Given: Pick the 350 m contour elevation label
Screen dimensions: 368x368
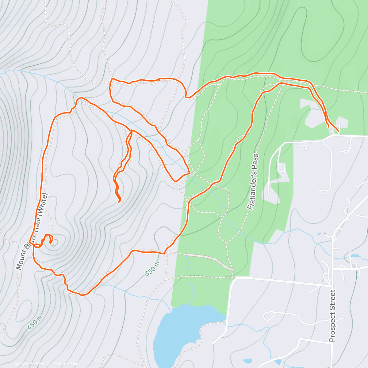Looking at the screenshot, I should (152, 269).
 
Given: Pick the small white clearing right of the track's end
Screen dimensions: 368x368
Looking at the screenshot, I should (343, 123).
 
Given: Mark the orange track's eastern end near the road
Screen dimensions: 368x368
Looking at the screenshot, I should (338, 131).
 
